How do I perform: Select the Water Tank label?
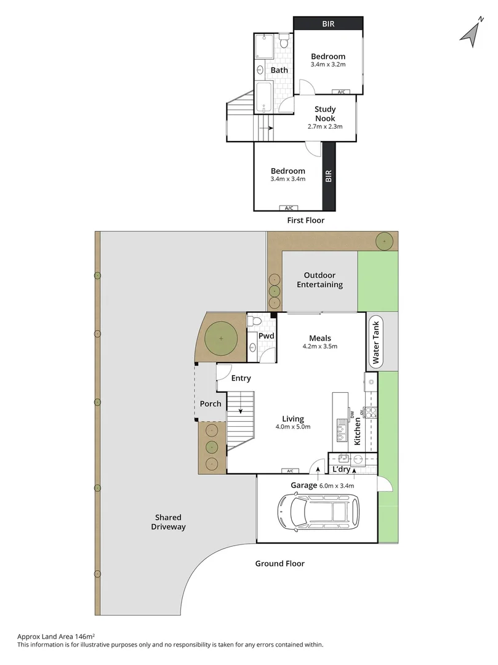click(376, 342)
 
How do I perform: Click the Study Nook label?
click(325, 114)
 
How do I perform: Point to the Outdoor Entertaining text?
click(319, 280)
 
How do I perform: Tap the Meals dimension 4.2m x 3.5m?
click(319, 346)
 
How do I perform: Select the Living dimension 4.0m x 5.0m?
click(292, 427)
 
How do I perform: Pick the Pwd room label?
click(266, 336)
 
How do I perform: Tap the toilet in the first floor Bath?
click(283, 42)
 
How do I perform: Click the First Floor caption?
click(305, 220)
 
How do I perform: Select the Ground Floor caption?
click(280, 563)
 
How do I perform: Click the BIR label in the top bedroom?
click(329, 24)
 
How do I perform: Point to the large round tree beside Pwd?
click(220, 338)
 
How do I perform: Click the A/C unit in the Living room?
click(289, 471)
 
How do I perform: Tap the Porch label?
click(211, 404)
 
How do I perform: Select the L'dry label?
click(341, 470)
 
